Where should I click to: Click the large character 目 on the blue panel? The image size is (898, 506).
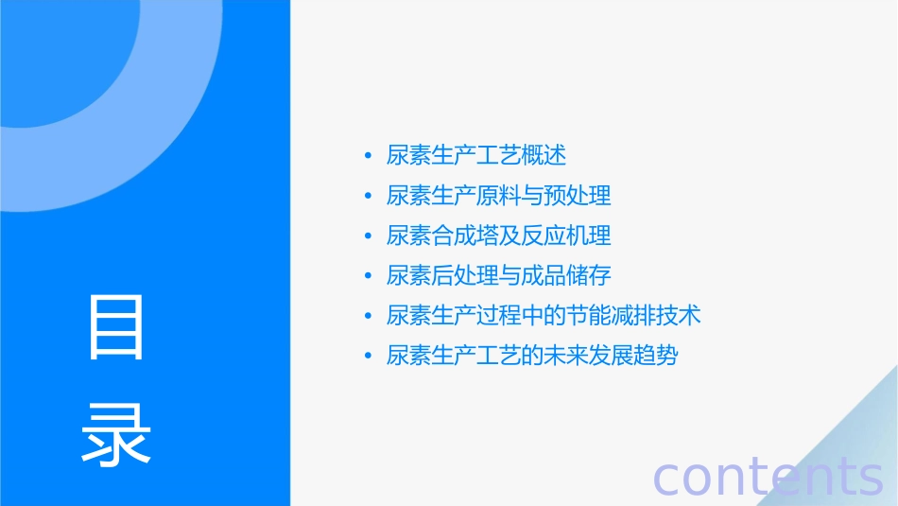(x=116, y=327)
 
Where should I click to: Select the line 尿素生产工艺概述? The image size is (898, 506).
(x=476, y=155)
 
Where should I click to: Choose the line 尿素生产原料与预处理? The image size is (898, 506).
(x=499, y=196)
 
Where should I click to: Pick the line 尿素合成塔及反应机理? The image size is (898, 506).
(x=499, y=236)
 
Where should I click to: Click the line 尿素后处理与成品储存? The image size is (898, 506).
(x=499, y=275)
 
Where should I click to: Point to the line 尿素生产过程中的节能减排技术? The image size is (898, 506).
(x=544, y=316)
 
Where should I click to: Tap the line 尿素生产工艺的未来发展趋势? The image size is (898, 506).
(x=532, y=357)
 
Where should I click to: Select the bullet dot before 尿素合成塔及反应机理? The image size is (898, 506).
(x=368, y=236)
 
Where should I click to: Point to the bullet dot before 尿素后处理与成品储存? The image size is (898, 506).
(x=368, y=276)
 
